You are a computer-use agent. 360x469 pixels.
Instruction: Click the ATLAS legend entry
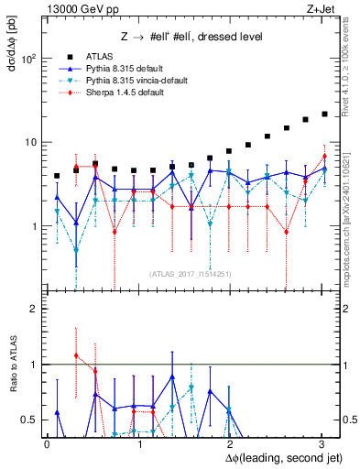coord(97,57)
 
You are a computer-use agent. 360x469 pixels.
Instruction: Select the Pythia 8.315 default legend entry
coord(115,69)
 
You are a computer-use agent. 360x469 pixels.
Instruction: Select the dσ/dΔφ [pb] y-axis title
coord(12,46)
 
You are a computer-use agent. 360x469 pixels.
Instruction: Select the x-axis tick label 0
coord(47,444)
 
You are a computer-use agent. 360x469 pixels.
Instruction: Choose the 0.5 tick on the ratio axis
coord(28,420)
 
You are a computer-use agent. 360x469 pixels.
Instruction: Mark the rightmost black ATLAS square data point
coord(324,115)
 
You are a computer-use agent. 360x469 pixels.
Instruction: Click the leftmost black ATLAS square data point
coord(57,176)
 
